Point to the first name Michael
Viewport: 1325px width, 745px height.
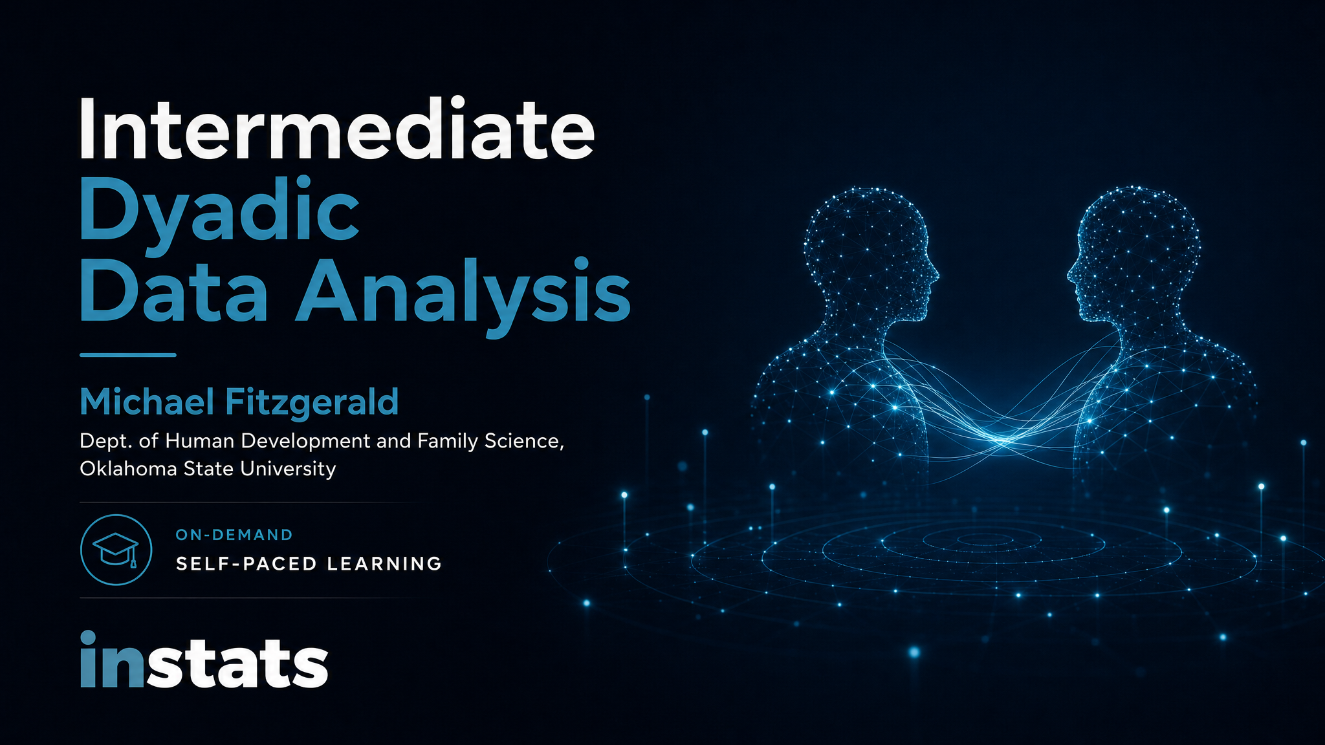point(147,402)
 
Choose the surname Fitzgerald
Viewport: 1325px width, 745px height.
point(312,402)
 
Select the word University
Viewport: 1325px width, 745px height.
point(288,468)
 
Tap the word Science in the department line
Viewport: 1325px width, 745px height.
point(523,441)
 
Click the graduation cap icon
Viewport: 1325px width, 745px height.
point(116,550)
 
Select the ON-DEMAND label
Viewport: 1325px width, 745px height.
point(234,535)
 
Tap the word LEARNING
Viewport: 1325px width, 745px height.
point(384,564)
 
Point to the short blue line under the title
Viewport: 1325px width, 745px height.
point(127,355)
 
